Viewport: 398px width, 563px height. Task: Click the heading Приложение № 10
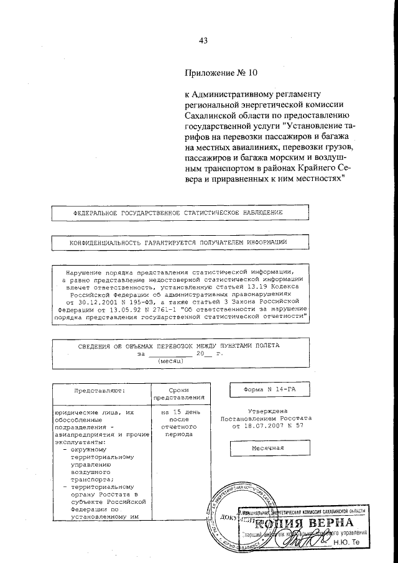coord(221,72)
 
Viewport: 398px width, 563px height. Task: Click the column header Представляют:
coord(99,391)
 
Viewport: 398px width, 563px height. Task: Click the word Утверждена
coord(267,411)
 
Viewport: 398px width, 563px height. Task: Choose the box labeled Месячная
coord(268,448)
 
